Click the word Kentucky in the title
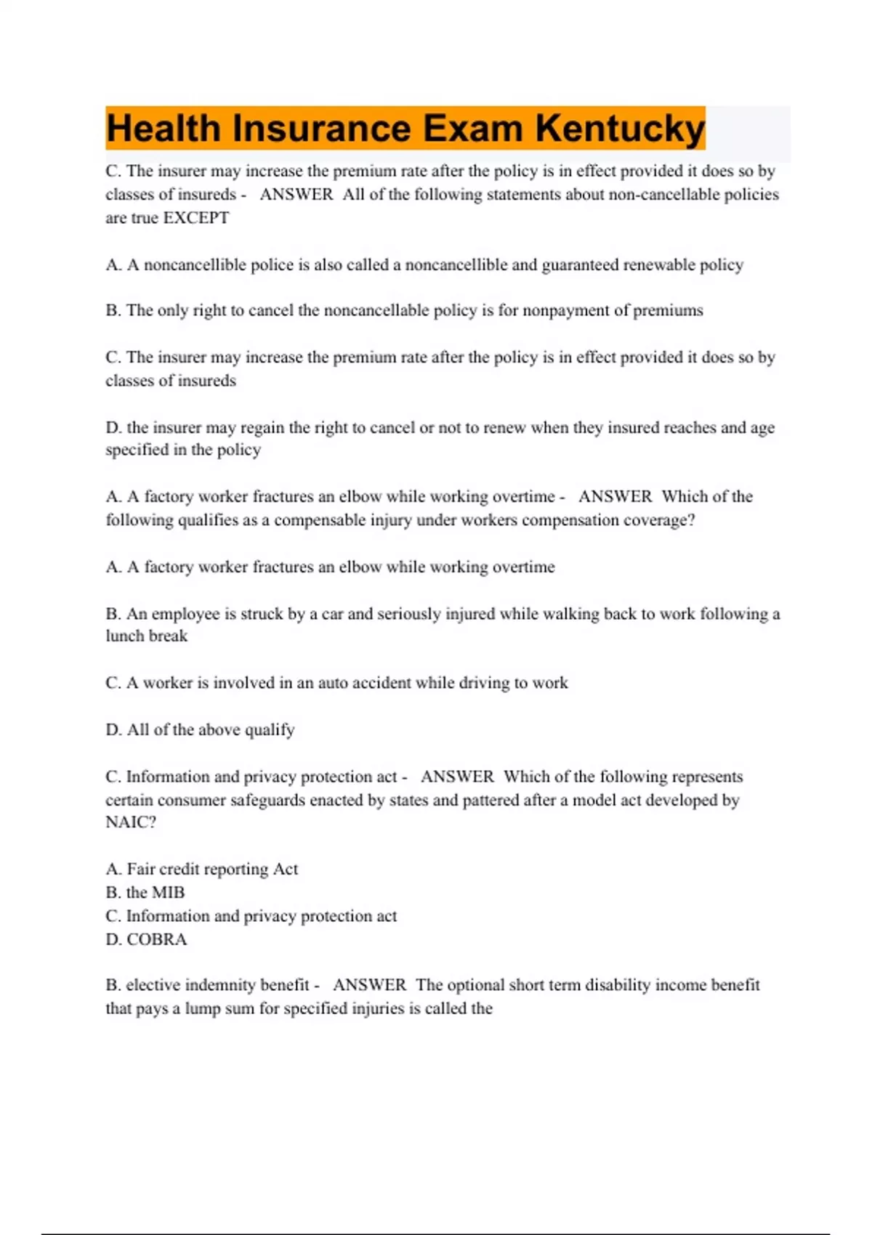coord(620,129)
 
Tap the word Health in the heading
coord(163,129)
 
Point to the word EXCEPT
coord(196,218)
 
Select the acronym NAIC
coord(127,822)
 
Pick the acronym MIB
coord(168,893)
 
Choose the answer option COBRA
coord(156,940)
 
